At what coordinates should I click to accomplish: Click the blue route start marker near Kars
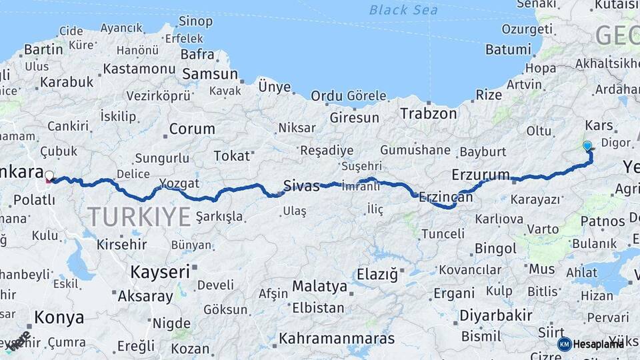click(587, 145)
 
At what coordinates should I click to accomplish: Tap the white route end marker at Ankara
click(49, 176)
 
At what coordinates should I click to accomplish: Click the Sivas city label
click(301, 185)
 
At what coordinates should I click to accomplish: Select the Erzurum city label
click(480, 175)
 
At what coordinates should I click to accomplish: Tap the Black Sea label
click(403, 9)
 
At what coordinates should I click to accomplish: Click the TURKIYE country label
click(139, 217)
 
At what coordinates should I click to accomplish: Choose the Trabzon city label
click(429, 113)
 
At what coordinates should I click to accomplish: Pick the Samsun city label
click(210, 74)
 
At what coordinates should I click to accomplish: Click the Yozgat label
click(179, 183)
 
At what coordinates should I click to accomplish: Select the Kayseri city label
click(160, 271)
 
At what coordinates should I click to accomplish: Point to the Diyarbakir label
click(495, 315)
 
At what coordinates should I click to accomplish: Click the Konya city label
click(59, 317)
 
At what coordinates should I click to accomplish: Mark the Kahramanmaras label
click(336, 338)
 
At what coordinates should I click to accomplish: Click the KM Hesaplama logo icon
click(564, 344)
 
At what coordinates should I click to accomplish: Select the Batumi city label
click(489, 49)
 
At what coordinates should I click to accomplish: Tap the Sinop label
click(195, 21)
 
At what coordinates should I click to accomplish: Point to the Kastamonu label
click(139, 69)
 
